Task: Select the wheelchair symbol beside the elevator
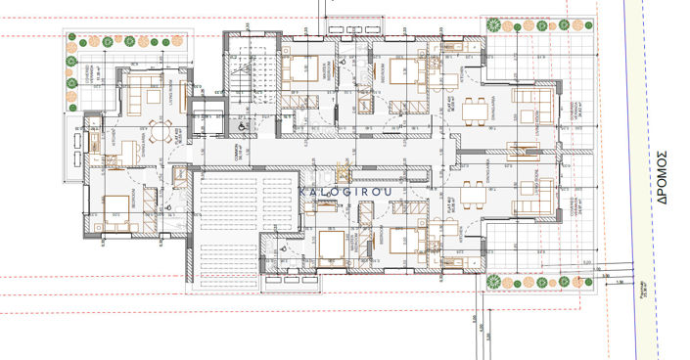tap(240, 125)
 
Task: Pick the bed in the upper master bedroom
tap(299, 70)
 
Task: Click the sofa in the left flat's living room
tap(146, 95)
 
